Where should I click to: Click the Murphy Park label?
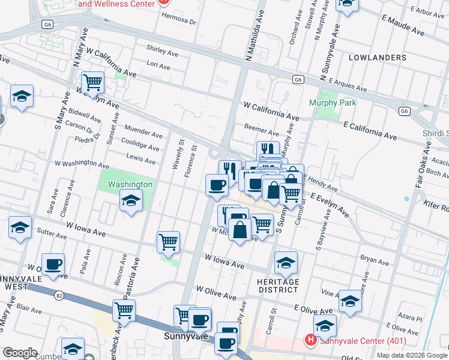coord(333,103)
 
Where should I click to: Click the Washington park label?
coord(130,184)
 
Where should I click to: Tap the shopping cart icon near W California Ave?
coord(92,82)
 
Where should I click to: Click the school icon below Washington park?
coord(130,200)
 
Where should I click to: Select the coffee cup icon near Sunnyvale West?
coord(53,264)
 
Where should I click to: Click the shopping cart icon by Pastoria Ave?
coord(124,310)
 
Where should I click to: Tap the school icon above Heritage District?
coord(286,262)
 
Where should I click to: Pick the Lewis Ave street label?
coord(141,157)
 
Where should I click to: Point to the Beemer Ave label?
coord(262,129)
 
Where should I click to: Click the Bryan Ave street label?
coord(375,259)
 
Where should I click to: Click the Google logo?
coord(20,353)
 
